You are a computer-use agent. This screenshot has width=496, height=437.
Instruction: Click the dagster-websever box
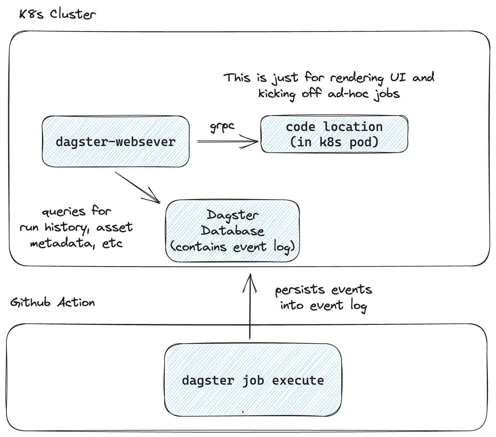115,142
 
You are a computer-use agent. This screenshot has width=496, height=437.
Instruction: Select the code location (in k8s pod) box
334,134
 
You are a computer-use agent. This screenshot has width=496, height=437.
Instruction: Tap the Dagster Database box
232,231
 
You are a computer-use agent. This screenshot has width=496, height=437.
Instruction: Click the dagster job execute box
253,380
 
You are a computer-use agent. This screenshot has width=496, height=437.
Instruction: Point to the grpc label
222,126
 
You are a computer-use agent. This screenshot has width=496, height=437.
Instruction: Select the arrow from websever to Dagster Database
138,187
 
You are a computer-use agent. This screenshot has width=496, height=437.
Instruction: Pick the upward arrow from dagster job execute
250,307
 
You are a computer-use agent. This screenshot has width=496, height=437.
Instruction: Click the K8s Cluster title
57,14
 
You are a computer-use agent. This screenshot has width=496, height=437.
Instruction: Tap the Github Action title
52,302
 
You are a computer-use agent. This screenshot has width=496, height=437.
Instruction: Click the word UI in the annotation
398,77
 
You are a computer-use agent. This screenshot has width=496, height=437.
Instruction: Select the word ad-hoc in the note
348,94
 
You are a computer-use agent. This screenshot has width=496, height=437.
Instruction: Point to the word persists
300,290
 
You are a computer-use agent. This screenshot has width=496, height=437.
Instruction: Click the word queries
64,212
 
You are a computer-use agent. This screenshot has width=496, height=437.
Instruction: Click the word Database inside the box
232,231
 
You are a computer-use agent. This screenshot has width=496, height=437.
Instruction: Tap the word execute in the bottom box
298,380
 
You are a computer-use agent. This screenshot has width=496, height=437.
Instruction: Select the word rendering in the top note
357,78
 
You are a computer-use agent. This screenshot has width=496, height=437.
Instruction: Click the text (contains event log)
232,247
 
